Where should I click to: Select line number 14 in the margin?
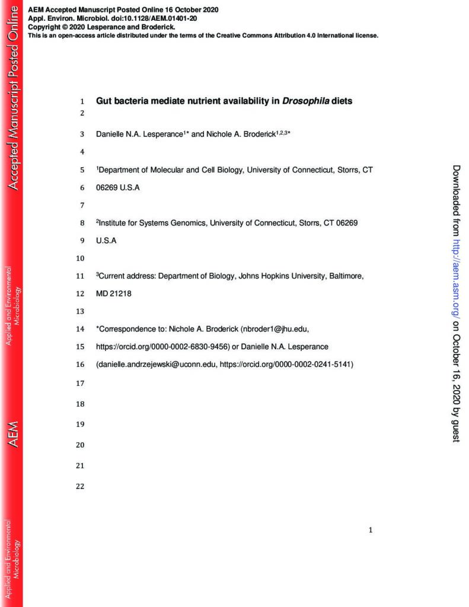point(81,328)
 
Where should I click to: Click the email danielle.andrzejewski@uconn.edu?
point(156,365)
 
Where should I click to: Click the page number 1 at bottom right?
point(371,531)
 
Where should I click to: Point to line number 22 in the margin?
point(81,486)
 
